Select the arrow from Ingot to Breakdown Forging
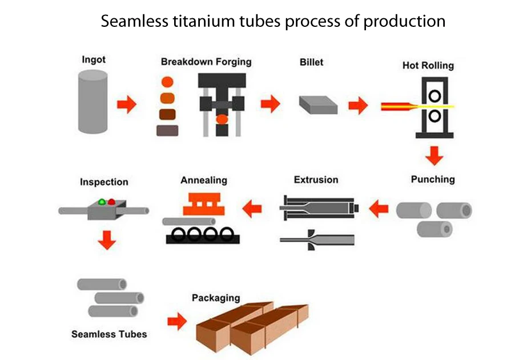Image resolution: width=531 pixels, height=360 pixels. pyautogui.click(x=126, y=105)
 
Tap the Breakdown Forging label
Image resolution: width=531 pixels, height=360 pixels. pyautogui.click(x=206, y=62)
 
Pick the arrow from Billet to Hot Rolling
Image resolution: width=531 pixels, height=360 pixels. pyautogui.click(x=358, y=105)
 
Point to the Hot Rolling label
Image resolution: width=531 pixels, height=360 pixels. pyautogui.click(x=428, y=65)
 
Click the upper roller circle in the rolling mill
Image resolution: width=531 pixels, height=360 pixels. pyautogui.click(x=435, y=94)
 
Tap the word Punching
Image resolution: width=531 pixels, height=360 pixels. pyautogui.click(x=433, y=179)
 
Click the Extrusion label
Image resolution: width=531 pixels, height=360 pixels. pyautogui.click(x=316, y=180)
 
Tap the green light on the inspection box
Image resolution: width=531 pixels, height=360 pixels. pyautogui.click(x=102, y=202)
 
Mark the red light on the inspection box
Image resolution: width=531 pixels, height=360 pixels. pyautogui.click(x=111, y=202)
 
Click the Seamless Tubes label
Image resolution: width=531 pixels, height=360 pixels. pyautogui.click(x=109, y=334)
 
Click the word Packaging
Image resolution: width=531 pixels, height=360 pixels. pyautogui.click(x=216, y=298)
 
